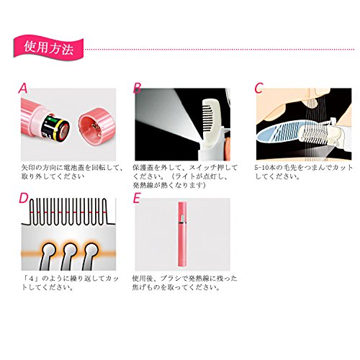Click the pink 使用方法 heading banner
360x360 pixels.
click(48, 46)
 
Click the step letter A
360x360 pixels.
click(23, 88)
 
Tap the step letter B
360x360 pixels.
click(137, 88)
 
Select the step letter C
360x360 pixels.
click(258, 88)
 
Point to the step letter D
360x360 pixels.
click(24, 198)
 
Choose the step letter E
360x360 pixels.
click(136, 198)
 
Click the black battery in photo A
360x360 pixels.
click(56, 126)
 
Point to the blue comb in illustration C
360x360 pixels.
click(281, 132)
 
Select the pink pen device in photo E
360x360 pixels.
click(182, 234)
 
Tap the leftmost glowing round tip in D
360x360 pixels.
click(48, 250)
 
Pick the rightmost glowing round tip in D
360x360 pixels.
click(91, 250)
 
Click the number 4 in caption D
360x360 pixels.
click(31, 279)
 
